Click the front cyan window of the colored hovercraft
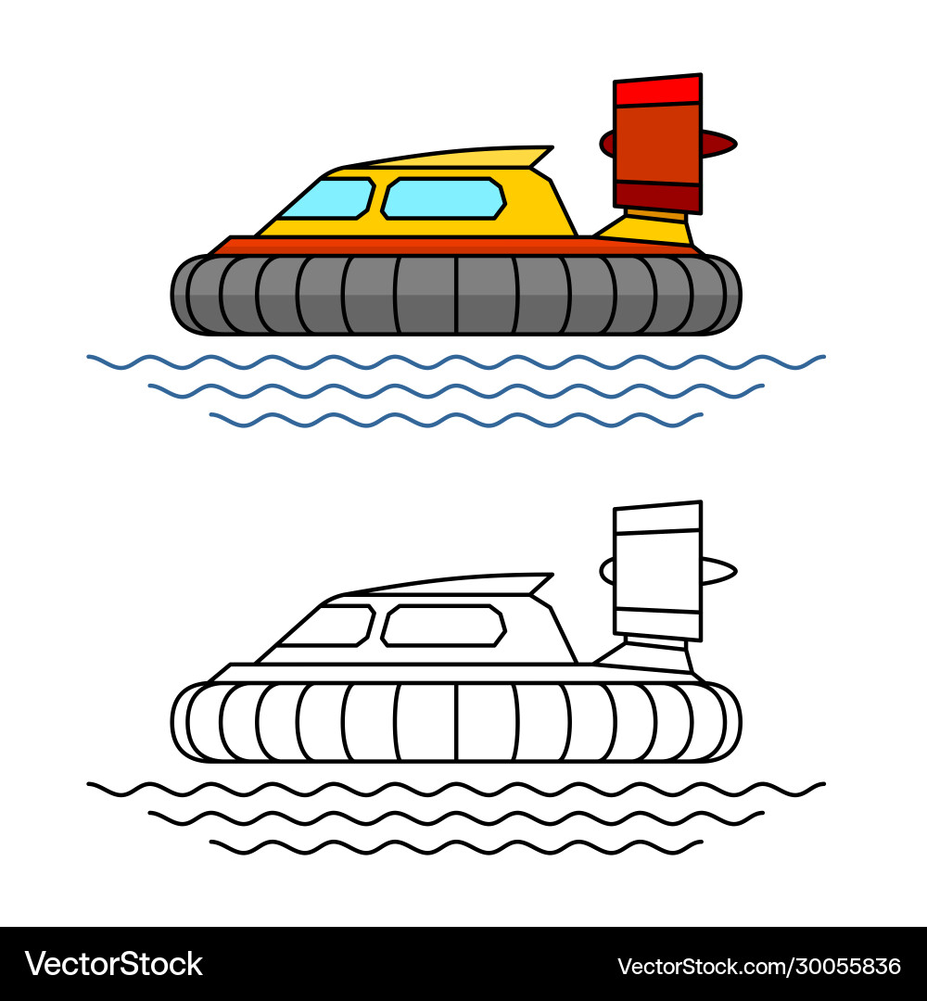326,199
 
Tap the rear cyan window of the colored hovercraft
443,198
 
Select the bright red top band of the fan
657,91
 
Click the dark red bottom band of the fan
657,196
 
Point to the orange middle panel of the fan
657,143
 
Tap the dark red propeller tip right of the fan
718,143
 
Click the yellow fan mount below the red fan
654,227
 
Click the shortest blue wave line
454,420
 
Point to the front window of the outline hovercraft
326,627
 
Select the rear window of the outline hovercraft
443,626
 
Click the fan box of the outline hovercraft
657,570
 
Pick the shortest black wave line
454,847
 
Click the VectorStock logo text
113,964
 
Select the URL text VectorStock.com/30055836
758,966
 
